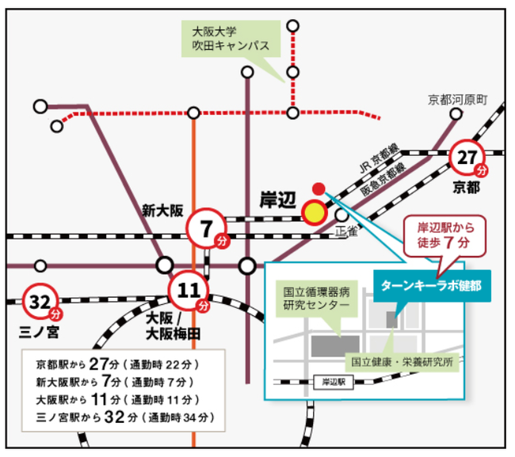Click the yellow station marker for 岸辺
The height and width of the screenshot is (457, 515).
point(315,212)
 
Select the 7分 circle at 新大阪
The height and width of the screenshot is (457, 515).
point(206,231)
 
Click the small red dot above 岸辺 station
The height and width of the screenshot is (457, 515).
point(319,189)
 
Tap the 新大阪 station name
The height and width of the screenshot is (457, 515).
point(162,211)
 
